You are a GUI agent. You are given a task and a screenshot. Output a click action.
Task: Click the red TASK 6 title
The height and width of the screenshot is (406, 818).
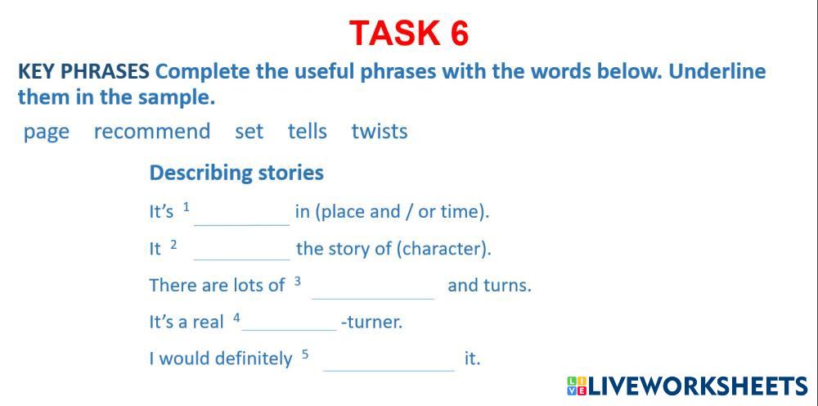click(x=409, y=33)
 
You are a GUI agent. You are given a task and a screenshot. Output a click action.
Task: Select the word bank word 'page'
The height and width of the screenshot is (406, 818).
click(x=46, y=133)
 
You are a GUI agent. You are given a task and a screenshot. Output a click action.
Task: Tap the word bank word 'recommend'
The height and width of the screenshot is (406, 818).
click(x=152, y=131)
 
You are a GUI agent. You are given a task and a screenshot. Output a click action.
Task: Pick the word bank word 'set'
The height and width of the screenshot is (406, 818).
click(x=249, y=132)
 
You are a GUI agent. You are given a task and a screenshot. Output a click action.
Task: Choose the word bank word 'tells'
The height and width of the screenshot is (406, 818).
click(x=308, y=131)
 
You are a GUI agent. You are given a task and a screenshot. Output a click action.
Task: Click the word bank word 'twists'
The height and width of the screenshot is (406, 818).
click(x=380, y=131)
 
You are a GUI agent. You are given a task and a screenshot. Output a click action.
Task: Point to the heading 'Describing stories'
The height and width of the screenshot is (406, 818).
click(x=236, y=173)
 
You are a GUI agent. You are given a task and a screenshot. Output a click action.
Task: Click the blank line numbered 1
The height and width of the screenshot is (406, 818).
click(x=241, y=225)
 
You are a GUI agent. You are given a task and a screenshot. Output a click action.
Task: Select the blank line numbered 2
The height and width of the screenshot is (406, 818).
click(x=241, y=259)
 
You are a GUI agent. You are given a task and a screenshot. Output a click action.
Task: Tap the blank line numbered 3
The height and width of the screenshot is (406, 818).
click(x=373, y=299)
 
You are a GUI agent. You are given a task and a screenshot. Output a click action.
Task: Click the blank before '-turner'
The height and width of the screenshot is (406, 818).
click(x=289, y=330)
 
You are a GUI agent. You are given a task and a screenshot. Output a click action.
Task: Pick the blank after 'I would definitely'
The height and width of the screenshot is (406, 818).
click(x=389, y=371)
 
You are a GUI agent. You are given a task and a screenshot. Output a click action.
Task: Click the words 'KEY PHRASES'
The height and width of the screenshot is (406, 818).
click(x=83, y=72)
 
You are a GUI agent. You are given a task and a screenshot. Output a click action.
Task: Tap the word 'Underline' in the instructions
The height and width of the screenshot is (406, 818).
click(x=717, y=71)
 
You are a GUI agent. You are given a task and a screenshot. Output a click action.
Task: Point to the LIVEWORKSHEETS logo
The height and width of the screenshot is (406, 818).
click(x=687, y=386)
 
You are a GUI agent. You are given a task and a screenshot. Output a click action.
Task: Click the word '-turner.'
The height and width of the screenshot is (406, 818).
click(x=371, y=322)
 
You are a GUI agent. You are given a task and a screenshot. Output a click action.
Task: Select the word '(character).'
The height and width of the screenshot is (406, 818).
click(x=444, y=250)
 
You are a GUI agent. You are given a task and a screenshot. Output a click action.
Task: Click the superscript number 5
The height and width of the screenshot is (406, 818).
click(x=305, y=354)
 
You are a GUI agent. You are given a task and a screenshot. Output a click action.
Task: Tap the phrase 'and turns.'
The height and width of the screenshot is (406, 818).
click(x=489, y=286)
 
